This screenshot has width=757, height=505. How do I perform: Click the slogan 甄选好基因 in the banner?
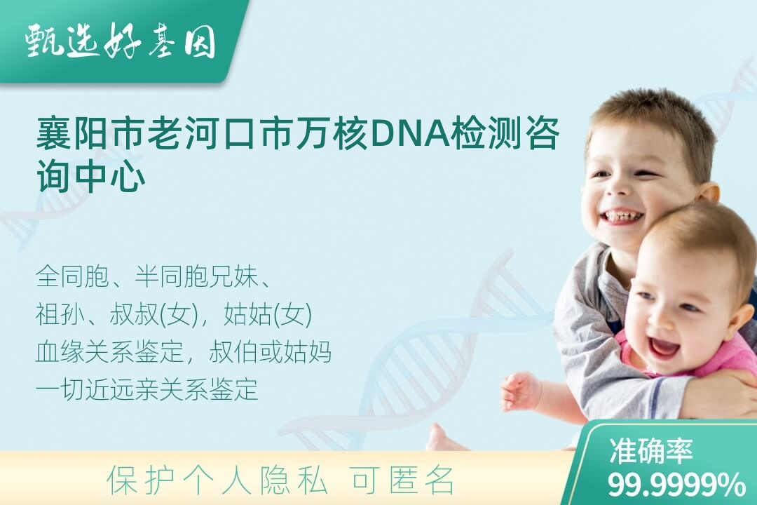pos(120,41)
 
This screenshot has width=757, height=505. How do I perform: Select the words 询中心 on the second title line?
pos(90,176)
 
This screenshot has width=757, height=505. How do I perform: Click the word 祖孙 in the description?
pos(60,314)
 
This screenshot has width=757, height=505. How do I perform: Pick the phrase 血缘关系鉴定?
pos(109,352)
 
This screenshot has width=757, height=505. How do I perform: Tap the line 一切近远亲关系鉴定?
pos(146,389)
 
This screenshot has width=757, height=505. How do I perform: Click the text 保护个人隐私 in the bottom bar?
pos(217,480)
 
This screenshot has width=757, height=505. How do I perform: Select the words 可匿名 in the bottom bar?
pos(402,480)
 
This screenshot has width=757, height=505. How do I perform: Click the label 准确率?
pos(650,451)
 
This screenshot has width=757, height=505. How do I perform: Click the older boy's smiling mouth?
pos(622,218)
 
